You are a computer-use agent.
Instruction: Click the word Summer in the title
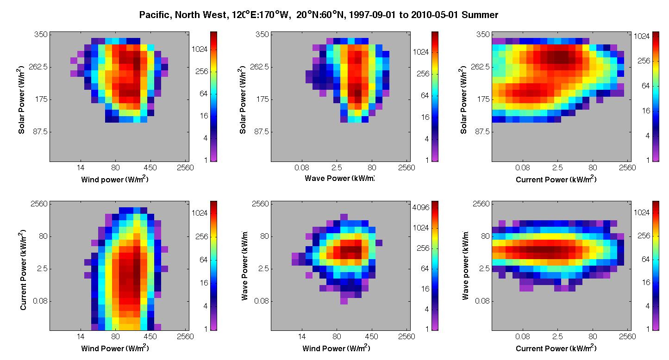click(480, 15)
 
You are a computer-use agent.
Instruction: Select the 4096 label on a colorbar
click(421, 207)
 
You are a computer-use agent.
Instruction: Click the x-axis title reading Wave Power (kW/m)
click(339, 178)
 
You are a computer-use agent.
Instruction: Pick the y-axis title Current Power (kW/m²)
click(23, 270)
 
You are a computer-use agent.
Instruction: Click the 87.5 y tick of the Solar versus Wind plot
click(40, 131)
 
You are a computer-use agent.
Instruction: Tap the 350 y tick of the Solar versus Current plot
click(482, 34)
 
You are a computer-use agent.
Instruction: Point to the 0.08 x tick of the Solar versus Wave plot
click(302, 168)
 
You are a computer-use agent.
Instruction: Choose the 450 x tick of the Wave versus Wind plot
click(371, 336)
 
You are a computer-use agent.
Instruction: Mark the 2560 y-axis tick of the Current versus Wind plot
click(39, 204)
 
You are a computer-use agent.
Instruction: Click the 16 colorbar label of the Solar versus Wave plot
click(425, 118)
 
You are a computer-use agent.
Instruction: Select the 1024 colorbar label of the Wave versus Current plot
click(642, 212)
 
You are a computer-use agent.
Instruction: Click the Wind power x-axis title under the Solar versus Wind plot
click(115, 179)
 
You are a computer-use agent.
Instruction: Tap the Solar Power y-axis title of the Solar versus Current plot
click(463, 99)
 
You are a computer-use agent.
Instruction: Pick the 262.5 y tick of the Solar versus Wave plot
click(259, 67)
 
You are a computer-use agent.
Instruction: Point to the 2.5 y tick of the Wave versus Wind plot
click(264, 268)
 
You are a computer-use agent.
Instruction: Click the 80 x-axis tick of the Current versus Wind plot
click(115, 336)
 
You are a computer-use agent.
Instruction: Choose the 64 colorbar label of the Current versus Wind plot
click(203, 260)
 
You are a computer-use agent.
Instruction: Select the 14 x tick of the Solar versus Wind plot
click(81, 168)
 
